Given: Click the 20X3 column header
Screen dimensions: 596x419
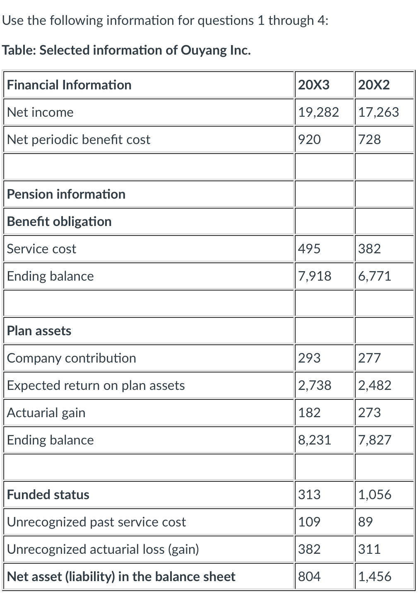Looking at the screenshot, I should [x=314, y=85].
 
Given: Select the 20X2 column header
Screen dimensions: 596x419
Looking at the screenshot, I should [x=374, y=85].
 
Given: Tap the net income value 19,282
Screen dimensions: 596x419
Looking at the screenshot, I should [x=318, y=112].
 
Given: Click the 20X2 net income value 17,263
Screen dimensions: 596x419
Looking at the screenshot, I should [x=378, y=112].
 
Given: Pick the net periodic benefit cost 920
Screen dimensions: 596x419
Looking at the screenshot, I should [x=309, y=139].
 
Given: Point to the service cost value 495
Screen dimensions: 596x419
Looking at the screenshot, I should [x=309, y=249].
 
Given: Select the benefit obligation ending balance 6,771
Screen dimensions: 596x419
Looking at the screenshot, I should [x=375, y=276].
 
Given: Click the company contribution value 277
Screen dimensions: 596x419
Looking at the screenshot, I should [x=369, y=358].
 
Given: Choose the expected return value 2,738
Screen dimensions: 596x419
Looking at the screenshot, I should [x=315, y=385].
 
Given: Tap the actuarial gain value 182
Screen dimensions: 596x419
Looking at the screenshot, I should [x=309, y=413].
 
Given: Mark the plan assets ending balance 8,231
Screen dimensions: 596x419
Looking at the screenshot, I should [x=315, y=440].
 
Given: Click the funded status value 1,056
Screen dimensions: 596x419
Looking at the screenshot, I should [x=375, y=495].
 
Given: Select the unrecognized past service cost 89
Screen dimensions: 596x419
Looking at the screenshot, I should [x=366, y=522].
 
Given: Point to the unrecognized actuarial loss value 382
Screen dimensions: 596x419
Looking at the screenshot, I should [x=309, y=549].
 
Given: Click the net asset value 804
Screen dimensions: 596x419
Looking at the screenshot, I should [x=309, y=577].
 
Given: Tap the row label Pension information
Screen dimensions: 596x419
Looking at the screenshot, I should [x=66, y=194].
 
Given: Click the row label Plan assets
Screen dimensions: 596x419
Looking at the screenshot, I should [x=39, y=331].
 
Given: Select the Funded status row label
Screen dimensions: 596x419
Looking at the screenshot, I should [x=48, y=495].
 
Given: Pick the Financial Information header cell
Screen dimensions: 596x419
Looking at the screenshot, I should [x=69, y=85].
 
